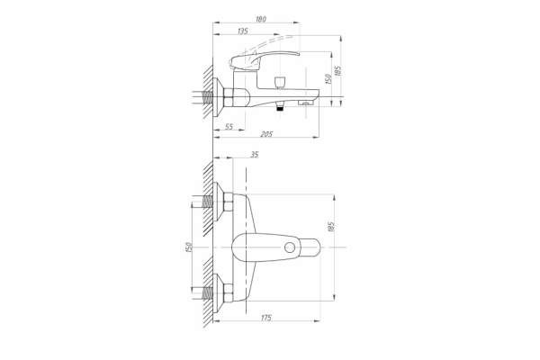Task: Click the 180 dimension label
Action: point(261,19)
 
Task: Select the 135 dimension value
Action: point(243,31)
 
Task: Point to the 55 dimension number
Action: point(229,126)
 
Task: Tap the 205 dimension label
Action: point(266,134)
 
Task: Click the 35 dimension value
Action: point(254,155)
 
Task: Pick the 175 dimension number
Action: point(266,318)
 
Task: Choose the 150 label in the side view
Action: point(328,79)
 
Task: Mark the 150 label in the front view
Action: point(188,247)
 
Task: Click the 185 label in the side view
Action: point(337,71)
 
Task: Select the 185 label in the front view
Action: point(331,227)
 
